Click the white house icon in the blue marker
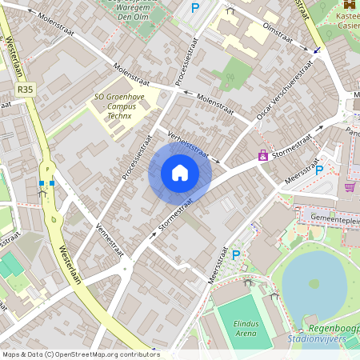click(180, 172)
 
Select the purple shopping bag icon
click(263, 155)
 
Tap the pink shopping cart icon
click(350, 186)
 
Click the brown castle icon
click(349, 5)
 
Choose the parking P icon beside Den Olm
click(195, 8)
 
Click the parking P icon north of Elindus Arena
click(235, 255)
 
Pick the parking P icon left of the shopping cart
click(319, 170)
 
